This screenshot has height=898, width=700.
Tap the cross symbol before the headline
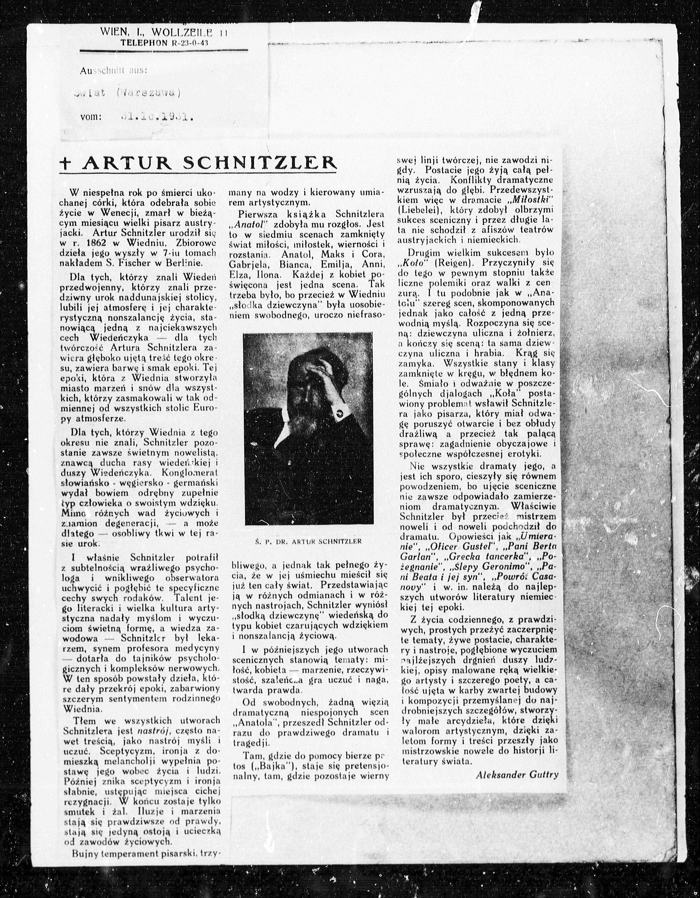pos(65,164)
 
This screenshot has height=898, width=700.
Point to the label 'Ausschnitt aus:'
pos(113,70)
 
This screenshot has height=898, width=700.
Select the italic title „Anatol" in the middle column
pos(251,224)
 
